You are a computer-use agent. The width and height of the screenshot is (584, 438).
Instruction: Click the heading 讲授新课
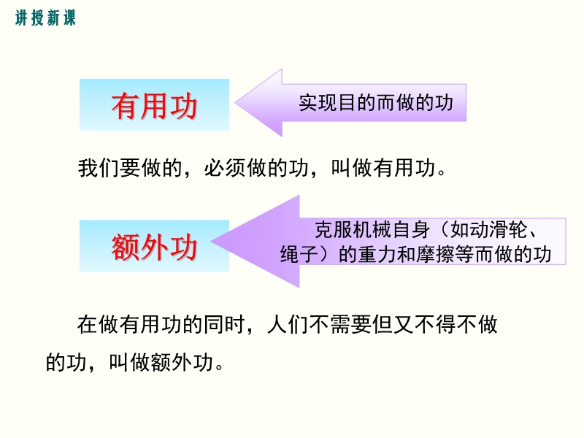[45, 18]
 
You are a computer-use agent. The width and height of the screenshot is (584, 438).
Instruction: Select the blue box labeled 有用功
[154, 105]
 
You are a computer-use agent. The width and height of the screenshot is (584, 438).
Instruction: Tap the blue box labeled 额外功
[154, 246]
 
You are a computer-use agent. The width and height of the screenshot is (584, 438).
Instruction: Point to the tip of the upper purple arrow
[236, 103]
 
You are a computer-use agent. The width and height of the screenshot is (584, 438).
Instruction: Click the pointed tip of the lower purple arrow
[212, 241]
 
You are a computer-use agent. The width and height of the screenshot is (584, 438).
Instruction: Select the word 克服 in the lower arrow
[334, 230]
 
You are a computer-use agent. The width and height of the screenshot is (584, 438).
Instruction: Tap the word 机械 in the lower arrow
[373, 230]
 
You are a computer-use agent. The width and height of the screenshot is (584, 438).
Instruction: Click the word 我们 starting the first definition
[99, 168]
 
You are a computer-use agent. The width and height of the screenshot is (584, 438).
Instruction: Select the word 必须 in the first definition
[225, 168]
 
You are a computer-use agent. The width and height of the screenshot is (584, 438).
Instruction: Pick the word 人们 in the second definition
[288, 324]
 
